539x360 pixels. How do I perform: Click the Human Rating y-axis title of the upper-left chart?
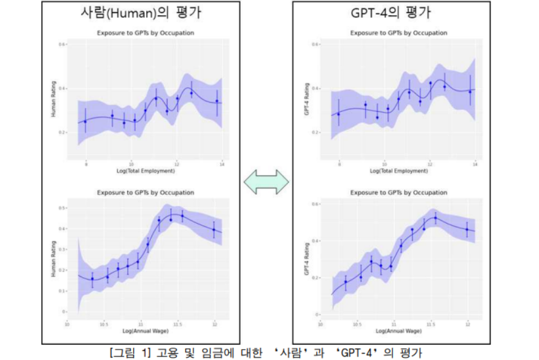tap(53, 104)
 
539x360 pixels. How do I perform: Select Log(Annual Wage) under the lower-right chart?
tap(398, 331)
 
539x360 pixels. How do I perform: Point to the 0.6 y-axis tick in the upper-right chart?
tap(314, 44)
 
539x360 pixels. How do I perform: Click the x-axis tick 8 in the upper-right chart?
tap(339, 165)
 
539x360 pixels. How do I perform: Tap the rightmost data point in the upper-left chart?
tap(217, 101)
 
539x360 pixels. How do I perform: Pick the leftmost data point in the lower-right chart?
tap(346, 282)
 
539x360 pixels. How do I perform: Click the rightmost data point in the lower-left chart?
tap(214, 230)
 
